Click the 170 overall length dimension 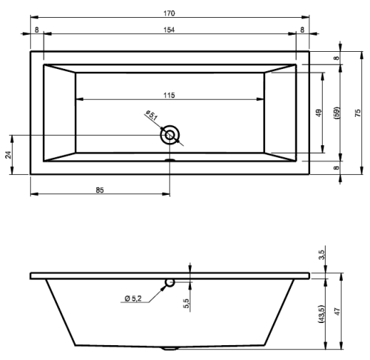click(x=169, y=13)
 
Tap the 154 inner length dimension click(x=169, y=30)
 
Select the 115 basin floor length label click(x=169, y=95)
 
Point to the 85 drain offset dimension click(x=100, y=190)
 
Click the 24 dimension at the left click(x=8, y=155)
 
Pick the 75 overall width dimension click(x=358, y=113)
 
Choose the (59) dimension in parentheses click(x=337, y=113)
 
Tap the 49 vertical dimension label click(x=319, y=113)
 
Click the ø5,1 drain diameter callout click(x=152, y=116)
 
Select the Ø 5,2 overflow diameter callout click(x=133, y=299)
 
